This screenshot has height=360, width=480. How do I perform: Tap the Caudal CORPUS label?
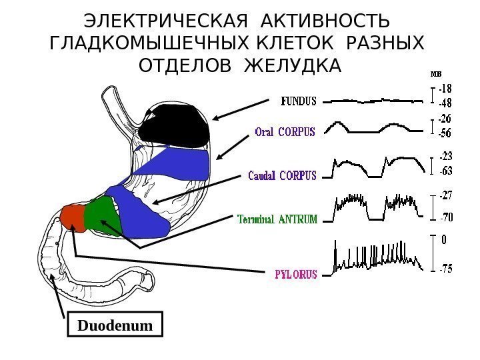tap(281, 177)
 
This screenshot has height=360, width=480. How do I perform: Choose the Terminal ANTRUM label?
tap(278, 219)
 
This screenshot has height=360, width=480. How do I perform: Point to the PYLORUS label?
tap(297, 273)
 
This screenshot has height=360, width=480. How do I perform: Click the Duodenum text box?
tap(116, 326)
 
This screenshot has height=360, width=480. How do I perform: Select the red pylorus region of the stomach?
tap(73, 217)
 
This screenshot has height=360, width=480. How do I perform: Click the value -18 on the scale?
tap(445, 89)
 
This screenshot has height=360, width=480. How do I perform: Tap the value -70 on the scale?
tap(445, 217)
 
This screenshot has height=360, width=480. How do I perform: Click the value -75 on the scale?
tap(445, 269)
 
